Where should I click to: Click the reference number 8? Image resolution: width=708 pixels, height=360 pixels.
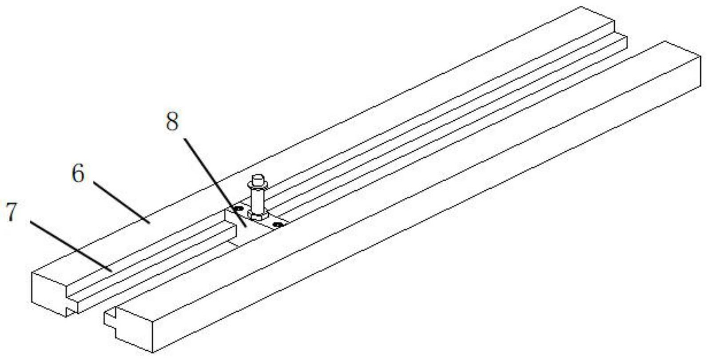click(x=172, y=122)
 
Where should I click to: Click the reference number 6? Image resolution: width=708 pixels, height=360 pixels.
click(x=78, y=174)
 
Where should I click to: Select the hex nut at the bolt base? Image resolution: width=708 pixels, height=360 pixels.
click(x=258, y=216)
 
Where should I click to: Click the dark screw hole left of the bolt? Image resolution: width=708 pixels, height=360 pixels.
click(x=239, y=207)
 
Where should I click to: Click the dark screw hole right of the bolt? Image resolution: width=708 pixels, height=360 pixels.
click(x=278, y=225)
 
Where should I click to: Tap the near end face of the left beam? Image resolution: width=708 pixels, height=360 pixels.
click(x=49, y=293)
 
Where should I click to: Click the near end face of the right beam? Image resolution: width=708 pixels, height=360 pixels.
click(x=133, y=331)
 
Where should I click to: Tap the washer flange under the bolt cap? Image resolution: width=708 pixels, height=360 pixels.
click(x=257, y=187)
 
